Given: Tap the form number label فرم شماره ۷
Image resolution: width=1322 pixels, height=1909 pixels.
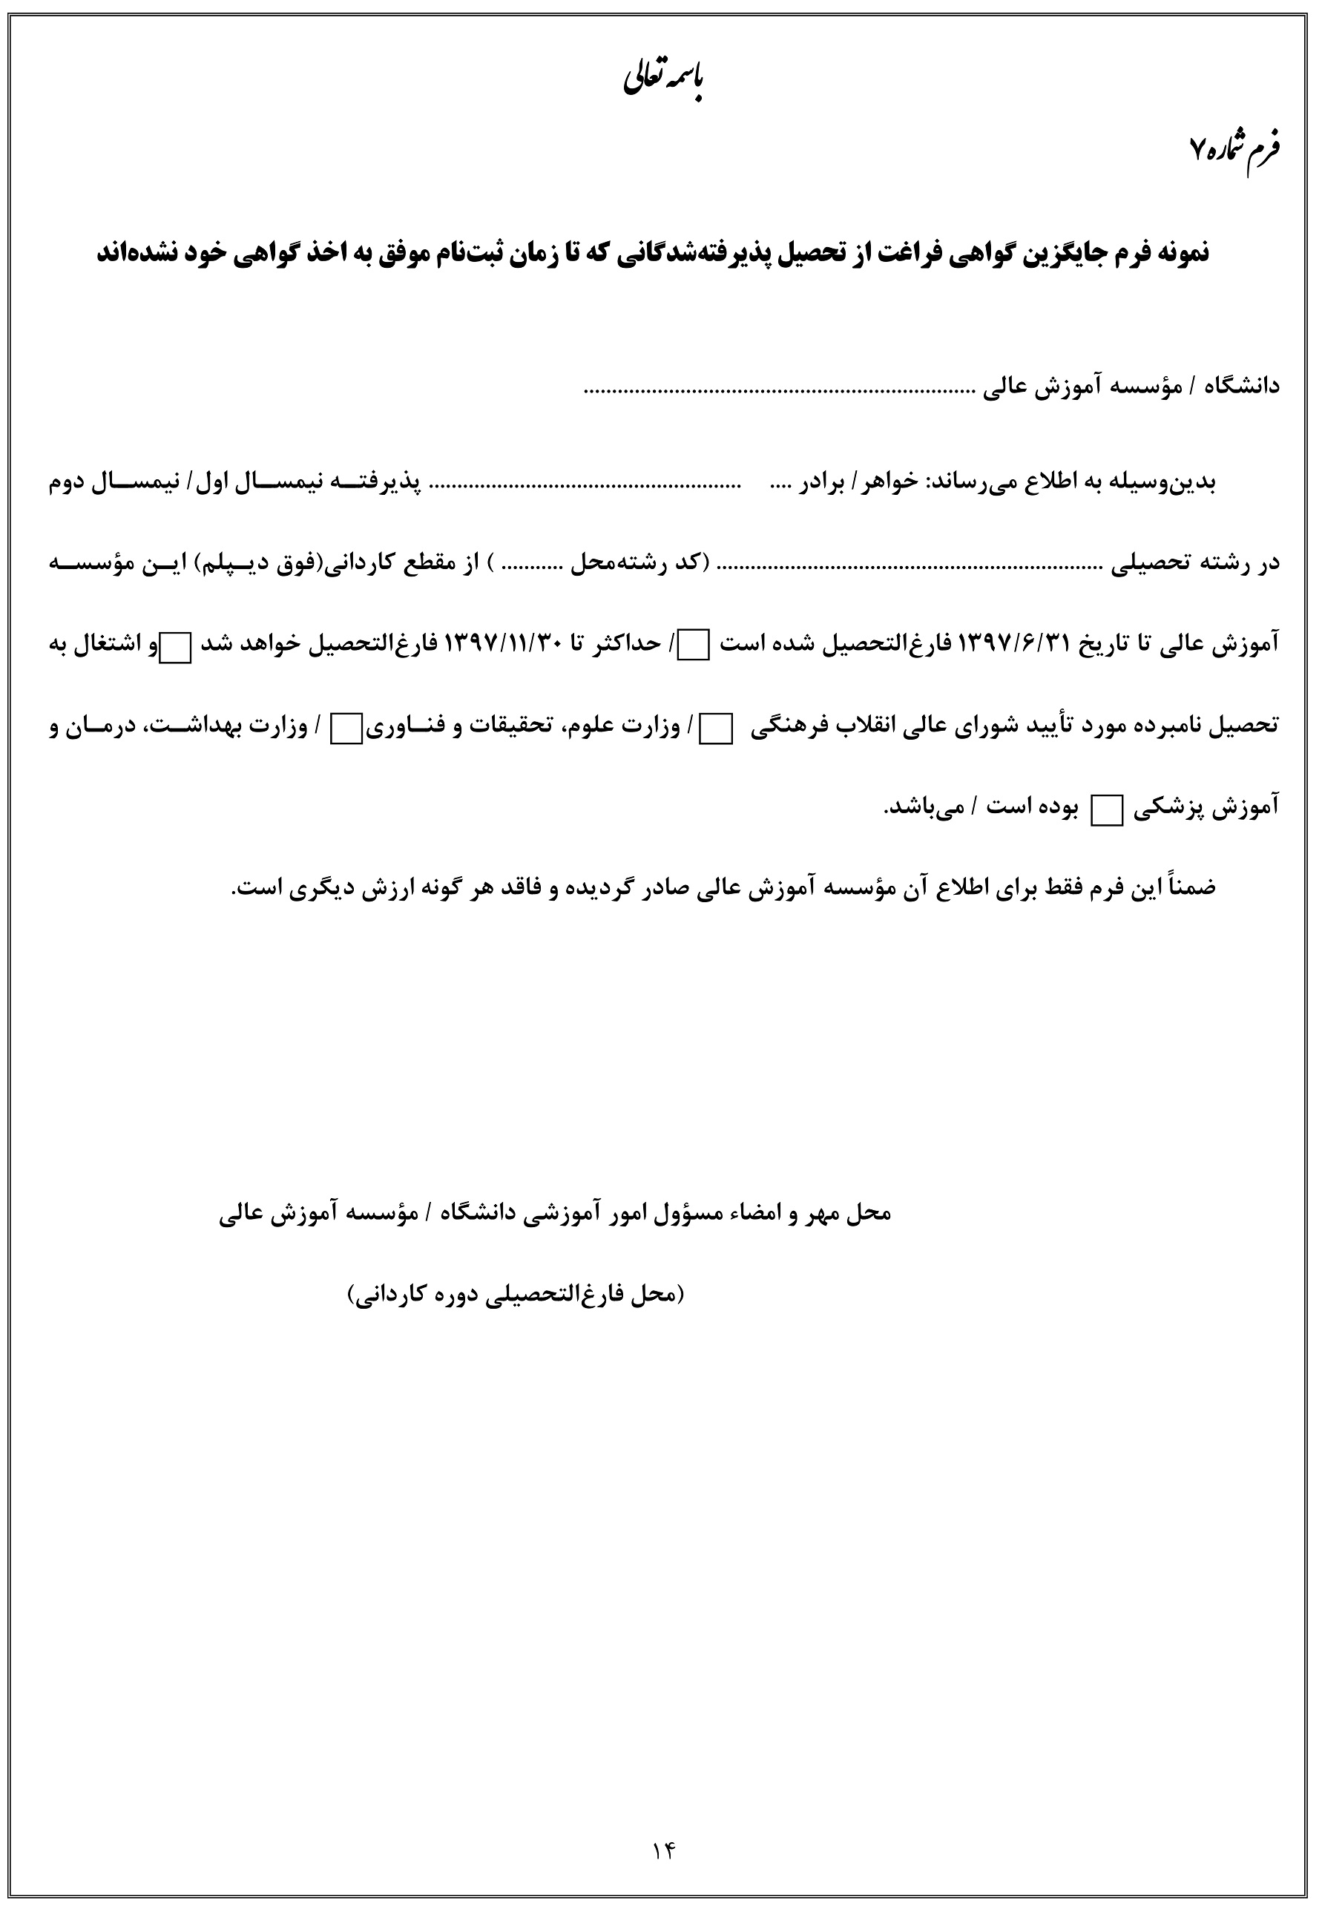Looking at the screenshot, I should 1234,149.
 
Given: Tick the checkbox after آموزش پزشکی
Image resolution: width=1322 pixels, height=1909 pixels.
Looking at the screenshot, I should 1103,810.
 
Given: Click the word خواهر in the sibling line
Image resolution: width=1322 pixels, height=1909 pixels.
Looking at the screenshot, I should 889,482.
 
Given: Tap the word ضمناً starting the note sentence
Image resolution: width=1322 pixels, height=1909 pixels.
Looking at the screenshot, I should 1186,887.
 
